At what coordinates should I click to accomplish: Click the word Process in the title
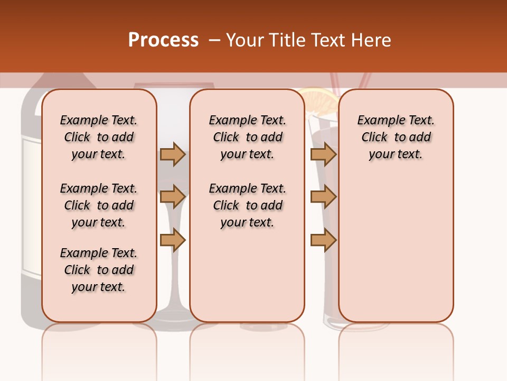point(163,40)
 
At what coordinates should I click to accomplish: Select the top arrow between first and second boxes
point(173,154)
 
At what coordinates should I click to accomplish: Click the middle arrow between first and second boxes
point(173,197)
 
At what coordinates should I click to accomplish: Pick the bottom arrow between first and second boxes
point(173,240)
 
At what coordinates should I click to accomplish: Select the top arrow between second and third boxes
point(323,154)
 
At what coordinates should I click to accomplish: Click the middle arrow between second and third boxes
point(323,197)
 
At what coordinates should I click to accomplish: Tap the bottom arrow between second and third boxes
point(323,240)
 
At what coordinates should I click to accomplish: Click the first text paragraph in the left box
point(99,137)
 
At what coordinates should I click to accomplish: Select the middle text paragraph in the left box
point(99,205)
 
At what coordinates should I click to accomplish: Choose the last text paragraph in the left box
point(99,270)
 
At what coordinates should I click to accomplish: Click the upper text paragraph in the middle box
point(248,137)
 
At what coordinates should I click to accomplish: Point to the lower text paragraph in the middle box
point(248,205)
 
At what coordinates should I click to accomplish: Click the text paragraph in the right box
point(396,137)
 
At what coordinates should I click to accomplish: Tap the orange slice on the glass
point(320,98)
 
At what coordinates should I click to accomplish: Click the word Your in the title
point(245,40)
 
